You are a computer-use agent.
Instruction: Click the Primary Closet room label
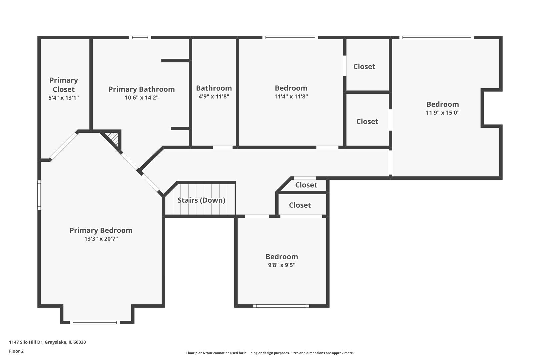click(64, 85)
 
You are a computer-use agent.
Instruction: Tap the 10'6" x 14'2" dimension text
click(142, 98)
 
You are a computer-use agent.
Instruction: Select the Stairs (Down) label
click(201, 200)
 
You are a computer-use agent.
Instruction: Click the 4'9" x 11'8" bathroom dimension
click(214, 96)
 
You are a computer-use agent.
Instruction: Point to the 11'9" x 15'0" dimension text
click(443, 113)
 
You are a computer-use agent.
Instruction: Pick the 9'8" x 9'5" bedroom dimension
click(282, 265)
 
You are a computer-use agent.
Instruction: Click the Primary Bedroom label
click(101, 230)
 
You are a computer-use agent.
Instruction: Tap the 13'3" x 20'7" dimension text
click(101, 239)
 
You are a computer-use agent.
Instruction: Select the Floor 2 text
click(16, 351)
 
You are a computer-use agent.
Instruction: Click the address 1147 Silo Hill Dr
click(26, 342)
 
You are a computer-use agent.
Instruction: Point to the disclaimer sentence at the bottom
click(270, 353)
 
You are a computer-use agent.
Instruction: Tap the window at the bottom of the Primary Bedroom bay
click(95, 322)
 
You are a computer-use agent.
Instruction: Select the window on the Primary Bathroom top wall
click(140, 37)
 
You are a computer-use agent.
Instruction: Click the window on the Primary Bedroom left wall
click(39, 195)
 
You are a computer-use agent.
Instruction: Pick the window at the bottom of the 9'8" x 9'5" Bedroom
click(281, 306)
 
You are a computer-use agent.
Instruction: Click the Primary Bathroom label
click(142, 89)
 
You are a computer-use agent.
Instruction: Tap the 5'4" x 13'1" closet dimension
click(64, 98)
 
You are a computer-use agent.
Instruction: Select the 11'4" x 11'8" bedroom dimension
click(291, 96)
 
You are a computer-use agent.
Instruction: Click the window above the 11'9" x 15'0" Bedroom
click(437, 37)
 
